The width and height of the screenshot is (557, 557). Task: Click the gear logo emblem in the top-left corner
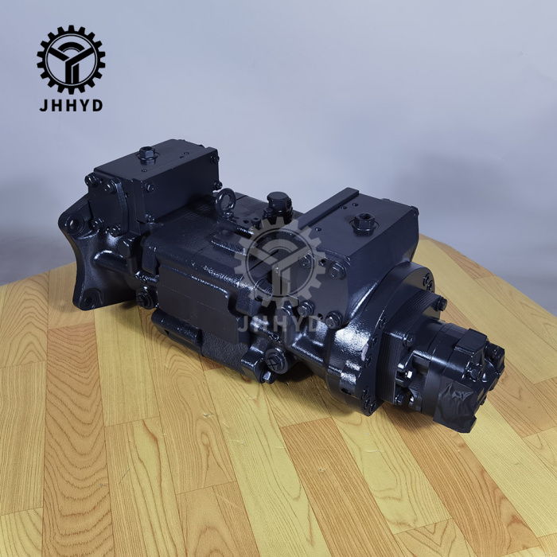(71, 60)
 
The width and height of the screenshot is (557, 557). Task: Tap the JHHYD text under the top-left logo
(71, 106)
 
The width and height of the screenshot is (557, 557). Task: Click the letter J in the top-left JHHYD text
(43, 106)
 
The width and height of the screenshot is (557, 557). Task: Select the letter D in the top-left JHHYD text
(98, 106)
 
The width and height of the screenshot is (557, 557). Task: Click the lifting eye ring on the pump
(225, 201)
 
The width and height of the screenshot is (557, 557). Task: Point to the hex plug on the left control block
(147, 154)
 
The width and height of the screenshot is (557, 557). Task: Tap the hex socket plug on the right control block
(363, 223)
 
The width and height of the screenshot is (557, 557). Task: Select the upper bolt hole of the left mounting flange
(74, 224)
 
